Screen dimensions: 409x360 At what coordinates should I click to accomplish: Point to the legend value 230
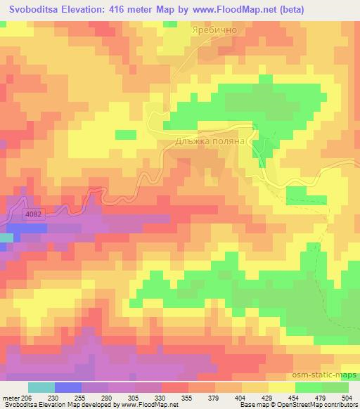pos(52,398)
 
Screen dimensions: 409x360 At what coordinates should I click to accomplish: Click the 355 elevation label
pos(188,398)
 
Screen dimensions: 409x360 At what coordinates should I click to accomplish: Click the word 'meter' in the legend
pos(10,398)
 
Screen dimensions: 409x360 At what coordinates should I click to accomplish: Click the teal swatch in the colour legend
pos(41,387)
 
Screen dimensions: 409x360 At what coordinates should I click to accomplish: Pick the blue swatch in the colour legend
pos(68,387)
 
